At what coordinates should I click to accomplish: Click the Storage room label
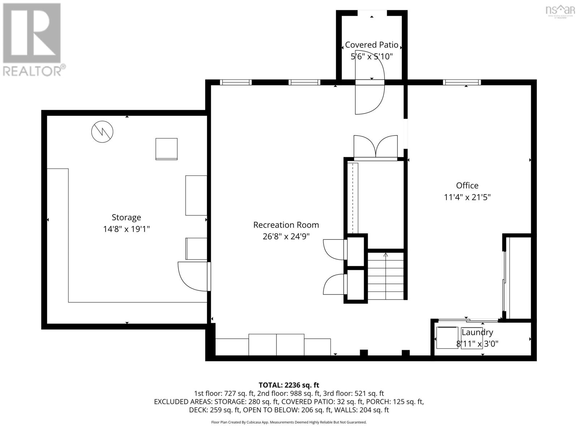[x=126, y=217]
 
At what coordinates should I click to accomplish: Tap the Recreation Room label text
[x=286, y=225]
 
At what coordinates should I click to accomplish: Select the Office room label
[x=467, y=186]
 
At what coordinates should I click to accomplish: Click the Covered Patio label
[x=371, y=45]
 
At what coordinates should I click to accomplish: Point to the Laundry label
[x=477, y=332]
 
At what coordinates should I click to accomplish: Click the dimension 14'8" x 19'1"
[x=126, y=229]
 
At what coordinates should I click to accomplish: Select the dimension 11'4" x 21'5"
[x=467, y=197]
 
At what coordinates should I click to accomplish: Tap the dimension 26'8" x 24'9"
[x=286, y=237]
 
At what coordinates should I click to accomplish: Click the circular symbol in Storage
[x=102, y=132]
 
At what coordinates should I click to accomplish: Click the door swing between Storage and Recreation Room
[x=192, y=276]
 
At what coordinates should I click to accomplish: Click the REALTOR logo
[x=32, y=40]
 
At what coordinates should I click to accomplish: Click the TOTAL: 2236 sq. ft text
[x=289, y=385]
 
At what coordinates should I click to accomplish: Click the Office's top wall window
[x=462, y=82]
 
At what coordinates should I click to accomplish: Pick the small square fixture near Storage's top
[x=167, y=149]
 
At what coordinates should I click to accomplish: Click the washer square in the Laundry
[x=447, y=337]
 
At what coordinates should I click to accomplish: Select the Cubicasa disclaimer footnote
[x=289, y=422]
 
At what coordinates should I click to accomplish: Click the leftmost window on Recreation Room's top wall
[x=236, y=82]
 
